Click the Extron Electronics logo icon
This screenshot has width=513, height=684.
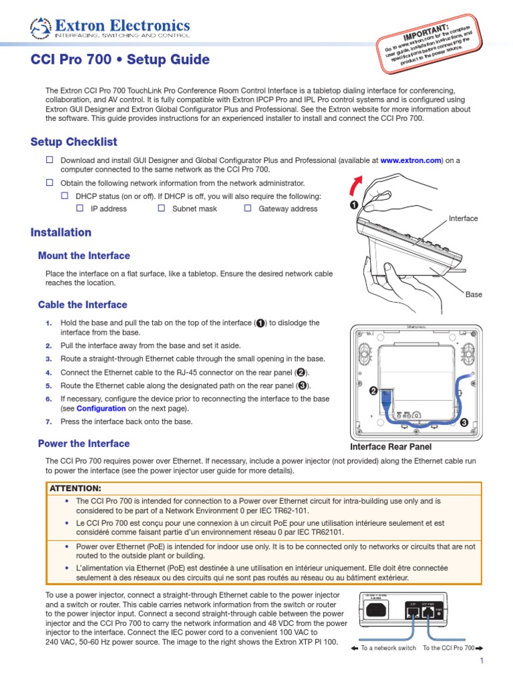[x=39, y=28]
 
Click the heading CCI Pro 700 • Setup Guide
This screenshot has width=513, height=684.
[x=120, y=60]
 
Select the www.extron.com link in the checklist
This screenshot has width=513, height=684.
[x=411, y=160]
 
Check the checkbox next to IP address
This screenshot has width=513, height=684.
[x=79, y=208]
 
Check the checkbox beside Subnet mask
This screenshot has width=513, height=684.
[x=161, y=208]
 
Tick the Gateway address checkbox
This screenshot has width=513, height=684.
[x=247, y=208]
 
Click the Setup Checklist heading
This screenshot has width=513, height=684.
[x=74, y=142]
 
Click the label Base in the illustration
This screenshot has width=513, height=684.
[x=474, y=294]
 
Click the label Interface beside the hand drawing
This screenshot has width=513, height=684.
[x=463, y=218]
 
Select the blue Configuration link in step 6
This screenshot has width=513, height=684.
[x=101, y=408]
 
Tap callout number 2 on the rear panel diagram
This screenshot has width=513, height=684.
[x=374, y=391]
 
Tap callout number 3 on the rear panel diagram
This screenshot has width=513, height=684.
[x=463, y=422]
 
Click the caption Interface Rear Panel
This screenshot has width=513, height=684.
[x=391, y=447]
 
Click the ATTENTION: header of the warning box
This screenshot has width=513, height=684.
[x=75, y=488]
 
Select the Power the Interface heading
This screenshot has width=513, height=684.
[x=84, y=444]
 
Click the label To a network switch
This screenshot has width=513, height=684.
[x=388, y=648]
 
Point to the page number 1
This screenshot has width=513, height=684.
[x=480, y=661]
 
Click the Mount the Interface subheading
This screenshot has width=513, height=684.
[x=84, y=256]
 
